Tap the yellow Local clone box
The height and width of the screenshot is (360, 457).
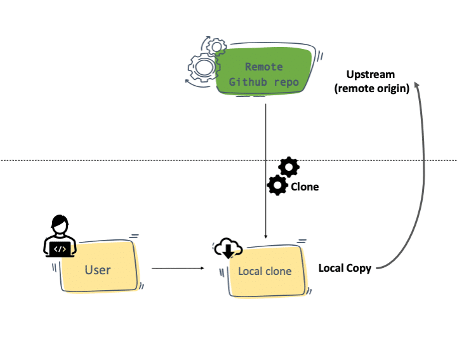pyautogui.click(x=265, y=271)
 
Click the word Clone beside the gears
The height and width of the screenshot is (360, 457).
pyautogui.click(x=305, y=187)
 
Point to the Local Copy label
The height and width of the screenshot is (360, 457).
pyautogui.click(x=345, y=268)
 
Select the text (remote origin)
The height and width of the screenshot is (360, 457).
pyautogui.click(x=371, y=88)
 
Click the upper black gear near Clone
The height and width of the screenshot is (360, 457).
pyautogui.click(x=289, y=167)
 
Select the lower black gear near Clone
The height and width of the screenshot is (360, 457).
pyautogui.click(x=277, y=185)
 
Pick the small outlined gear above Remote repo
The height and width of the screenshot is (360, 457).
pyautogui.click(x=216, y=46)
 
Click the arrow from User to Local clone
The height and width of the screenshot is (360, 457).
pyautogui.click(x=180, y=269)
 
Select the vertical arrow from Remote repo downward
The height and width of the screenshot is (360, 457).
pyautogui.click(x=265, y=165)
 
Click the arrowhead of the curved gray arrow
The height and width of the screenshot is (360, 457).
pyautogui.click(x=417, y=86)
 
